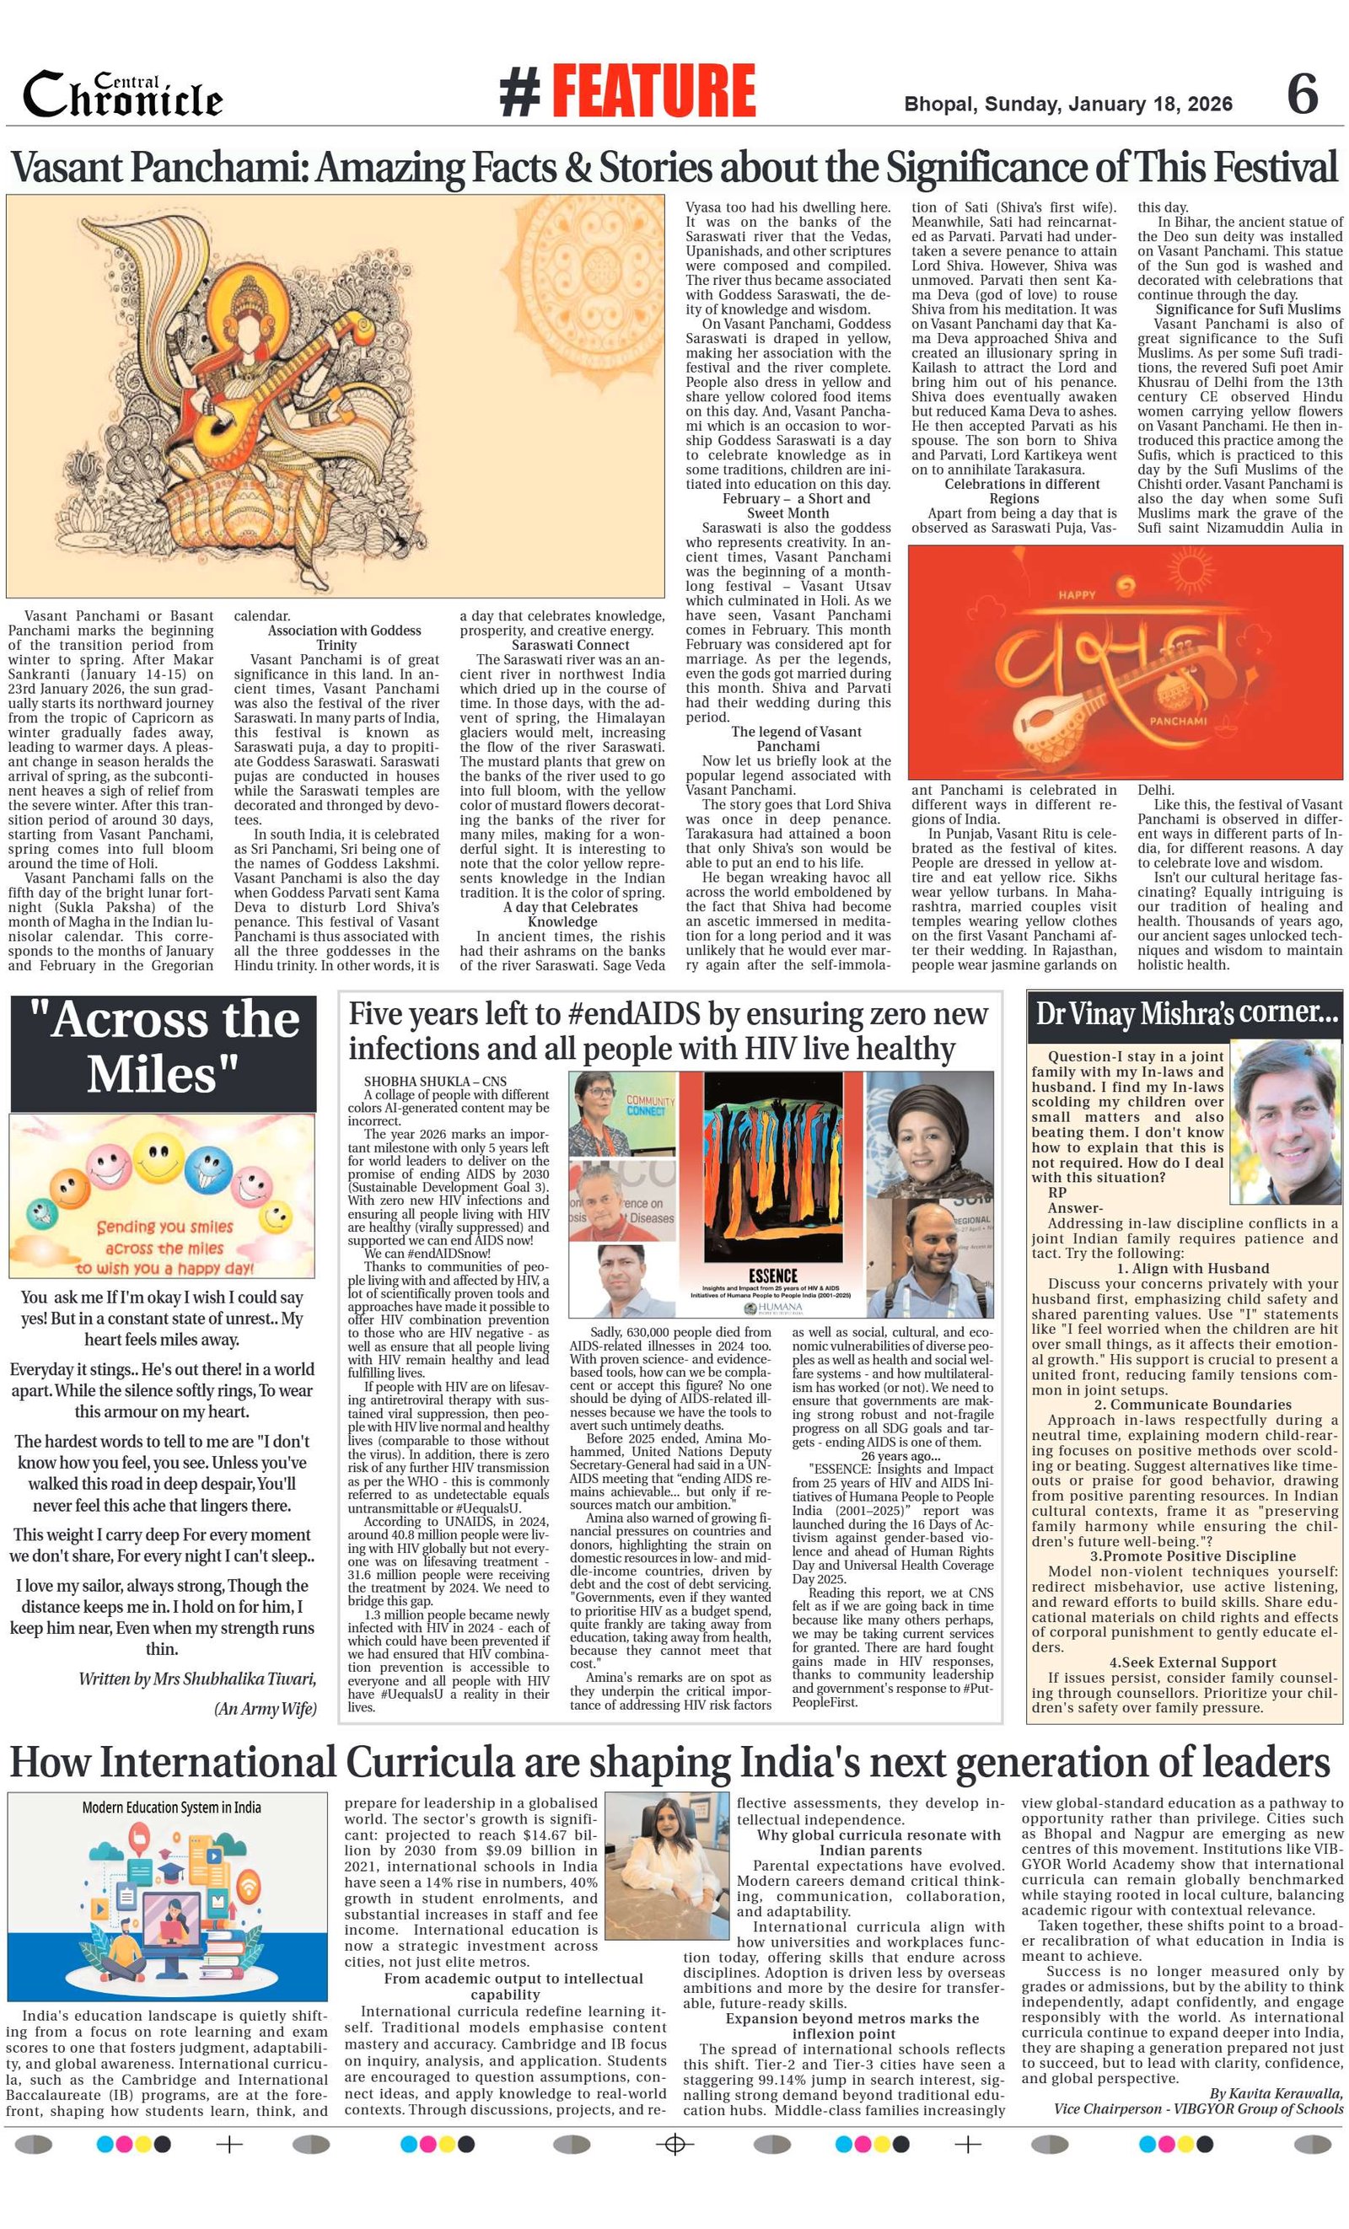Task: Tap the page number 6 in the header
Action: point(1302,94)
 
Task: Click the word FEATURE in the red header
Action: point(653,91)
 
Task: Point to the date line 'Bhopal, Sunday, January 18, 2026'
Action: point(1067,104)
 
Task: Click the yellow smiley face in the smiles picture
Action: point(160,1163)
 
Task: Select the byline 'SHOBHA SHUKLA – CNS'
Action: point(435,1081)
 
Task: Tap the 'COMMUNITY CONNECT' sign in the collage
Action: point(651,1105)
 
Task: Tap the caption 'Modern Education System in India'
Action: point(171,1807)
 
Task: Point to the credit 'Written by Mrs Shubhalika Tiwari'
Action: point(197,1679)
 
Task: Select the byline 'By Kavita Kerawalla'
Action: point(1276,2093)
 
